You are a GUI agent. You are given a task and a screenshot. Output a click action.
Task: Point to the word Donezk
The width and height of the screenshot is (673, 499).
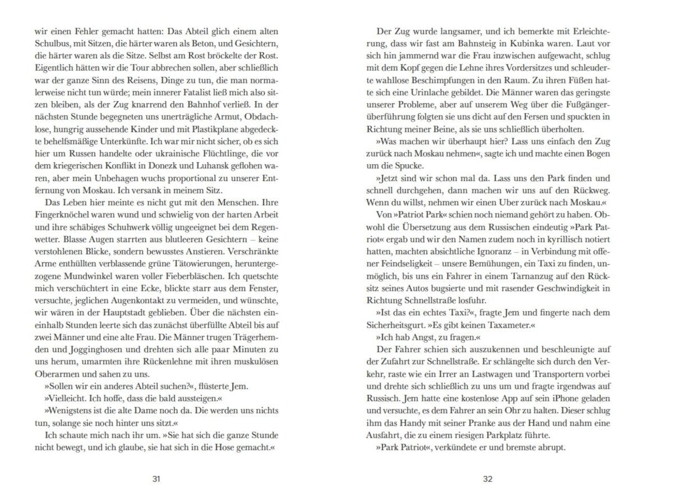(x=159, y=162)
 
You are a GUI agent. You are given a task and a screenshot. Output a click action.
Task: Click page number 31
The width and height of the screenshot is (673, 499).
(x=156, y=479)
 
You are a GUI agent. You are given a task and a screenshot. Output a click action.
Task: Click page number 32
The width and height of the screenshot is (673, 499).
(x=487, y=479)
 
